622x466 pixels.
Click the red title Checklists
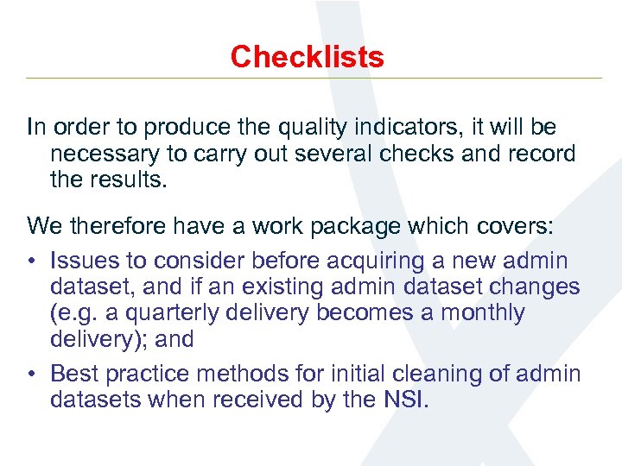click(307, 57)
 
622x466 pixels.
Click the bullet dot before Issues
click(32, 261)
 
